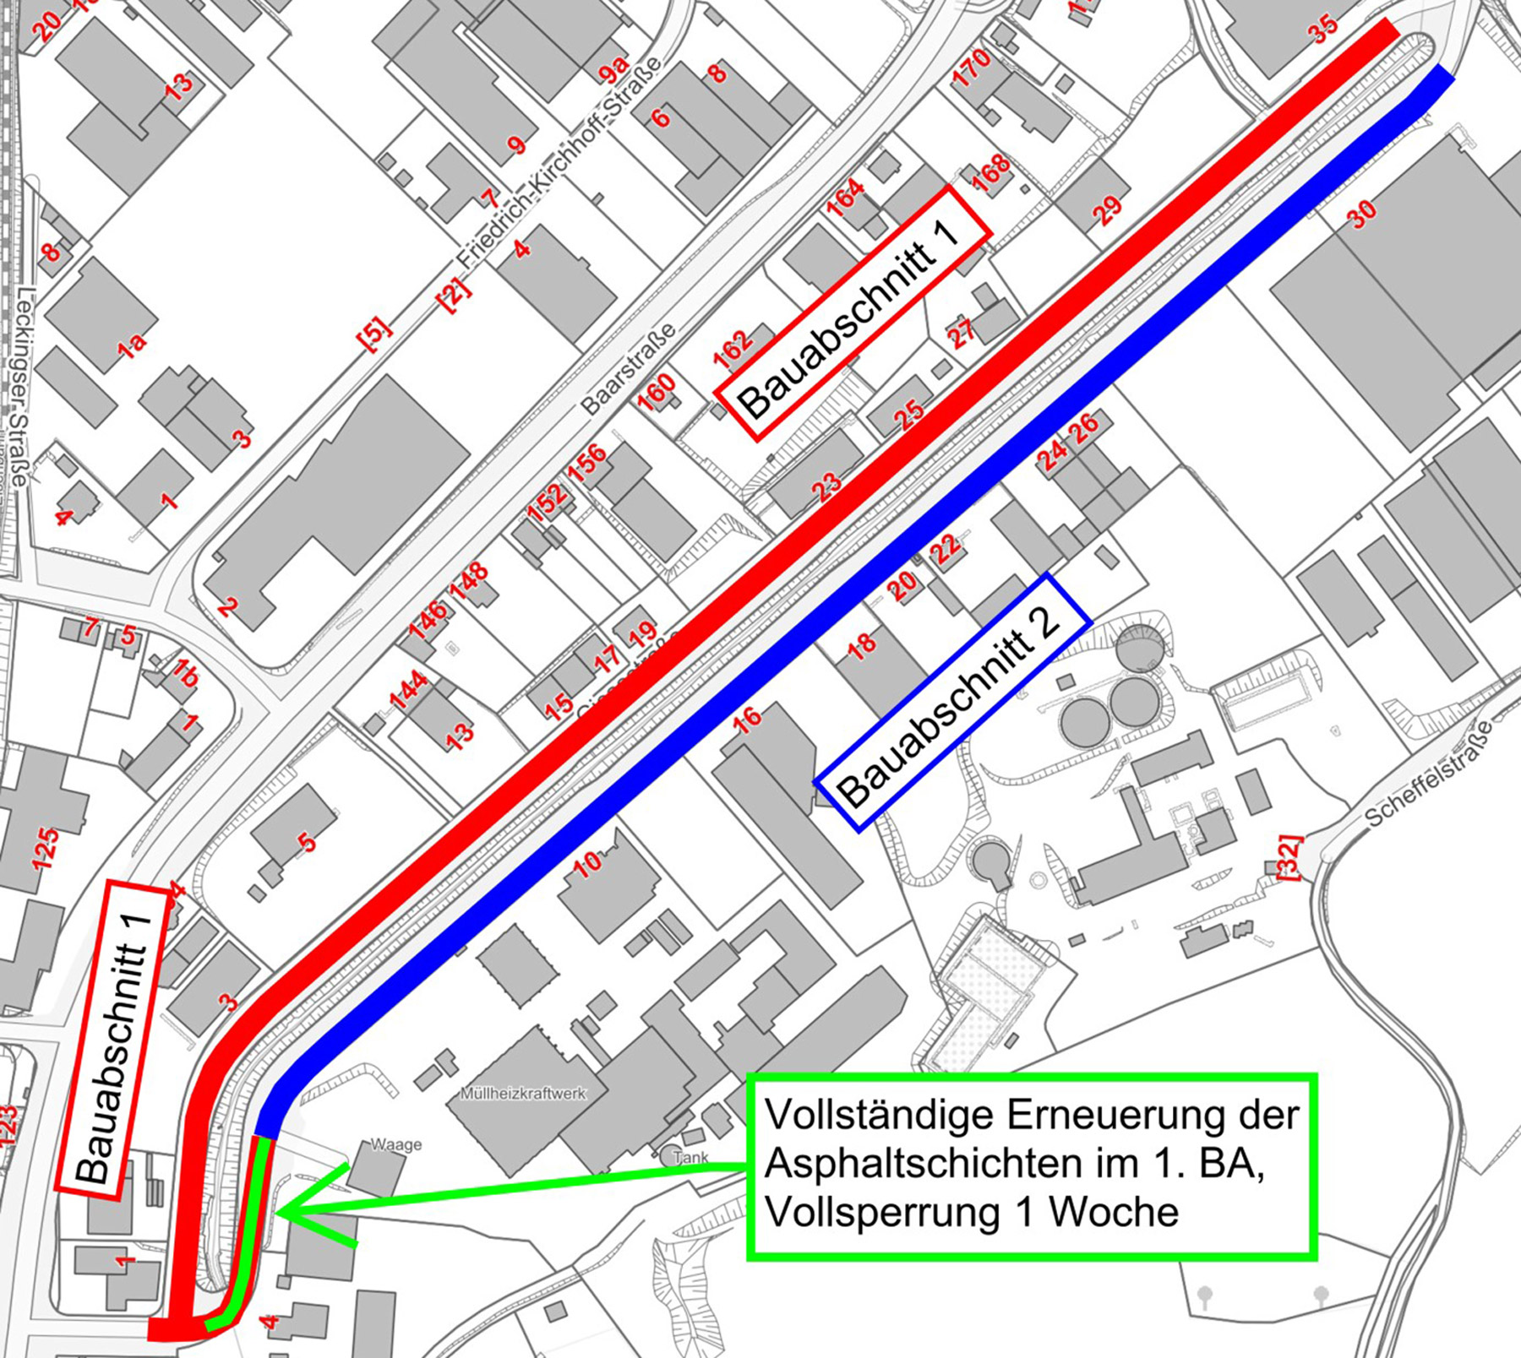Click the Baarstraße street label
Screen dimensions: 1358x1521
click(x=629, y=368)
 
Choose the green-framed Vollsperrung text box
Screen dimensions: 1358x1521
click(x=1031, y=1166)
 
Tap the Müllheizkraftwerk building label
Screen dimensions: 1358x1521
click(x=523, y=1094)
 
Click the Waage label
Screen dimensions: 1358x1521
click(x=395, y=1145)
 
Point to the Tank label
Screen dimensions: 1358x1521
click(x=691, y=1158)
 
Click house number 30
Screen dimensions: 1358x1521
click(x=1360, y=215)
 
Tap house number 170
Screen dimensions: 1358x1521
click(x=971, y=68)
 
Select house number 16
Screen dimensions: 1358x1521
click(x=746, y=719)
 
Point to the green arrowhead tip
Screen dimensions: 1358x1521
click(x=279, y=1214)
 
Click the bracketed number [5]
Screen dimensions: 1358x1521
click(x=374, y=332)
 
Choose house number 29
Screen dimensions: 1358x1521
click(x=1107, y=209)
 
